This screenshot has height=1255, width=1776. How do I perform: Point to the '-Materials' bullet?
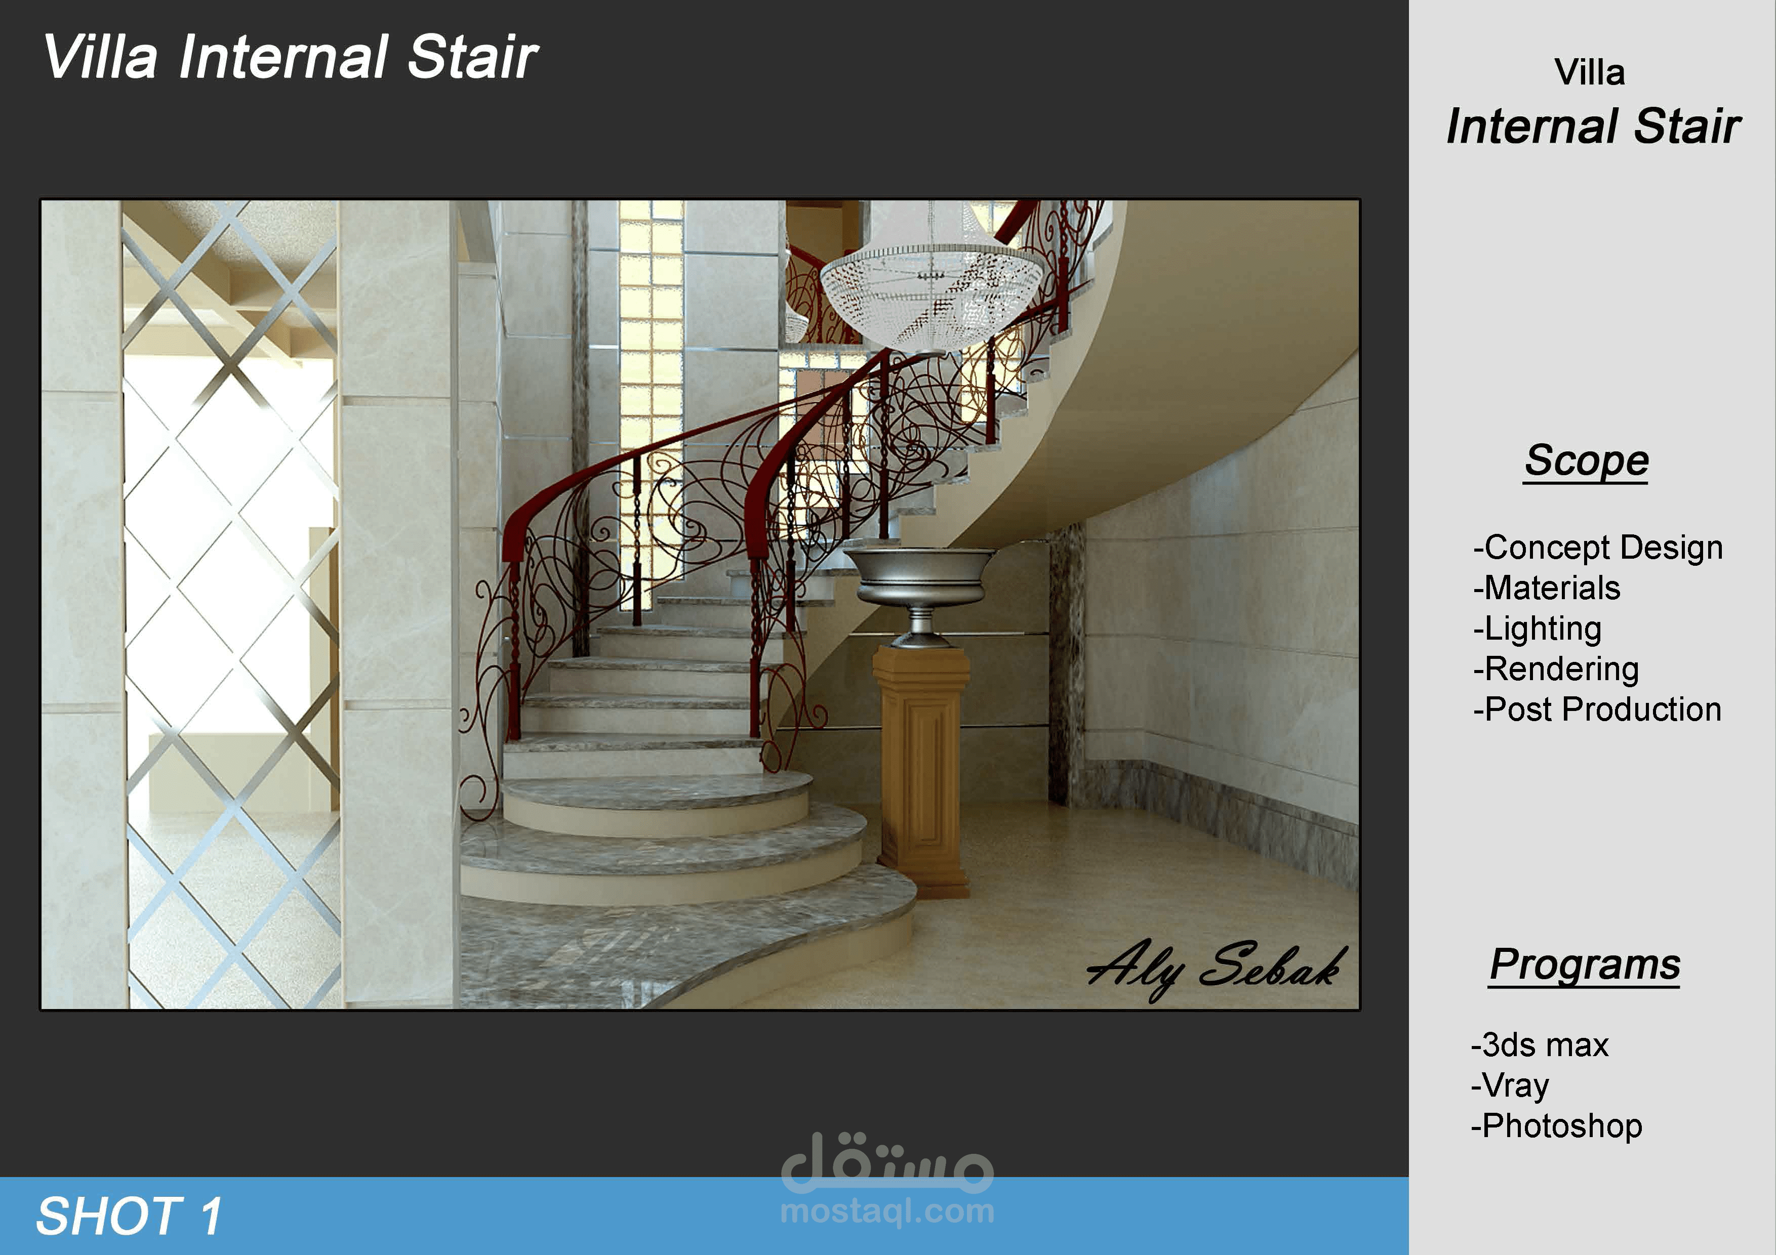[x=1546, y=588]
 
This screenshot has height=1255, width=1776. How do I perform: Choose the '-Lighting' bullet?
[x=1537, y=629]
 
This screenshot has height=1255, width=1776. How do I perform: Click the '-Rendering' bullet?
[x=1556, y=669]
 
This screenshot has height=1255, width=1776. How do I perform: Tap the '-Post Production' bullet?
[x=1597, y=709]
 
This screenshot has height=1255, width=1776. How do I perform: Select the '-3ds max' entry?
[x=1539, y=1044]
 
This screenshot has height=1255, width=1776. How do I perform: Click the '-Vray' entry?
[x=1509, y=1085]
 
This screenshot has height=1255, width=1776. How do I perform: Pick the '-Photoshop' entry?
[x=1556, y=1126]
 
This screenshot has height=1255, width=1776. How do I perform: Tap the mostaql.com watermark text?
[x=887, y=1211]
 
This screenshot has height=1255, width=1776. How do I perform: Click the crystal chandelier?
[x=932, y=290]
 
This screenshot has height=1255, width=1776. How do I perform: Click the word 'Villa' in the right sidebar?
[x=1590, y=73]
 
